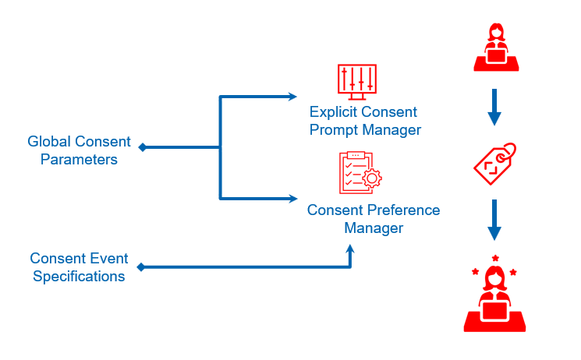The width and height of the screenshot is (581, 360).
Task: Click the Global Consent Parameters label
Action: click(x=79, y=150)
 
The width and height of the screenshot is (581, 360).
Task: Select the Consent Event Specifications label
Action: click(x=78, y=267)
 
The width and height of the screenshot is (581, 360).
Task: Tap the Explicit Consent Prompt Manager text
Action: click(x=364, y=122)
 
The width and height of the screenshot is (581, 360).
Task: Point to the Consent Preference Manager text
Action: click(x=373, y=219)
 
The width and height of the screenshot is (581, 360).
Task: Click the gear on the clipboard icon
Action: click(x=373, y=179)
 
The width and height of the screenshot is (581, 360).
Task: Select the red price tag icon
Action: click(x=495, y=163)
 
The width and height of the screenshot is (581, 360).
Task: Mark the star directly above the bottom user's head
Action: click(x=495, y=258)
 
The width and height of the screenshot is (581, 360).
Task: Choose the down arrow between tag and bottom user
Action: click(x=494, y=221)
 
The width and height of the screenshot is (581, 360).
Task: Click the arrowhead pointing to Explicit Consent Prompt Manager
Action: click(x=292, y=97)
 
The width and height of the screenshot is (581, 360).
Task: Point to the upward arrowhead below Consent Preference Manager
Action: click(x=350, y=249)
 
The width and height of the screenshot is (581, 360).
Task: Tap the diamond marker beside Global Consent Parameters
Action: click(x=141, y=146)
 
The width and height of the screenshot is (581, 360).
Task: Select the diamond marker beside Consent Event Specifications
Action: click(x=141, y=267)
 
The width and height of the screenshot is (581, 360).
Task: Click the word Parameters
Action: click(x=79, y=160)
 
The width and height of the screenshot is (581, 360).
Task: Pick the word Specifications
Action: click(x=78, y=277)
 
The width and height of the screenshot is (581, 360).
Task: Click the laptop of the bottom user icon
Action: click(x=494, y=312)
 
